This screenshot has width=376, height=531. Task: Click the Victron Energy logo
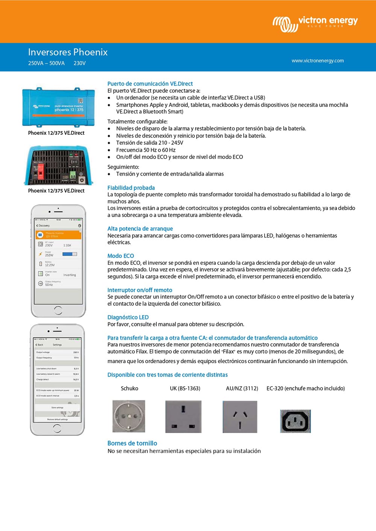coord(315,23)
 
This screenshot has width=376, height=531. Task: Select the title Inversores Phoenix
coord(68,52)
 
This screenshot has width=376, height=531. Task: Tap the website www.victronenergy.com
coord(317,60)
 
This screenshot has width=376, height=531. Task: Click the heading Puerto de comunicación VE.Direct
coord(150,84)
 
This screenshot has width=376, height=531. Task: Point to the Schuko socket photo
coord(129,416)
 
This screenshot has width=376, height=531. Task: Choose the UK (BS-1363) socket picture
coord(183,416)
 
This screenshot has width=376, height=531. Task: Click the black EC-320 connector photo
coord(296,421)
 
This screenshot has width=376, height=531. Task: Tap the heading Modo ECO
coord(121,256)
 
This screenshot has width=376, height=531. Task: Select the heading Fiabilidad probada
coord(131,188)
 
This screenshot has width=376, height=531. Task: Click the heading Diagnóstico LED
coord(128,317)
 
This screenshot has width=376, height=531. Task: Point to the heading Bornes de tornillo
coord(132,443)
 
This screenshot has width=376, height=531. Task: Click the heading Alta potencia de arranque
coord(140,229)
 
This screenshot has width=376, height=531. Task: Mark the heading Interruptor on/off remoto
coord(139,290)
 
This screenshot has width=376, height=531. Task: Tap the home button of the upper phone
coord(58,310)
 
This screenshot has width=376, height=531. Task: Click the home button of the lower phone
coord(57,428)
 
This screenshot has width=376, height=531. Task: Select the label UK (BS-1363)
coord(185,388)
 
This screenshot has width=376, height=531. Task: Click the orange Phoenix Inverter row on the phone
coord(58,235)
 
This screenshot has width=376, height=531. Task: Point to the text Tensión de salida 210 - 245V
coord(150,143)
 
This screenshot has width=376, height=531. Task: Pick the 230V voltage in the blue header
coord(79,63)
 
